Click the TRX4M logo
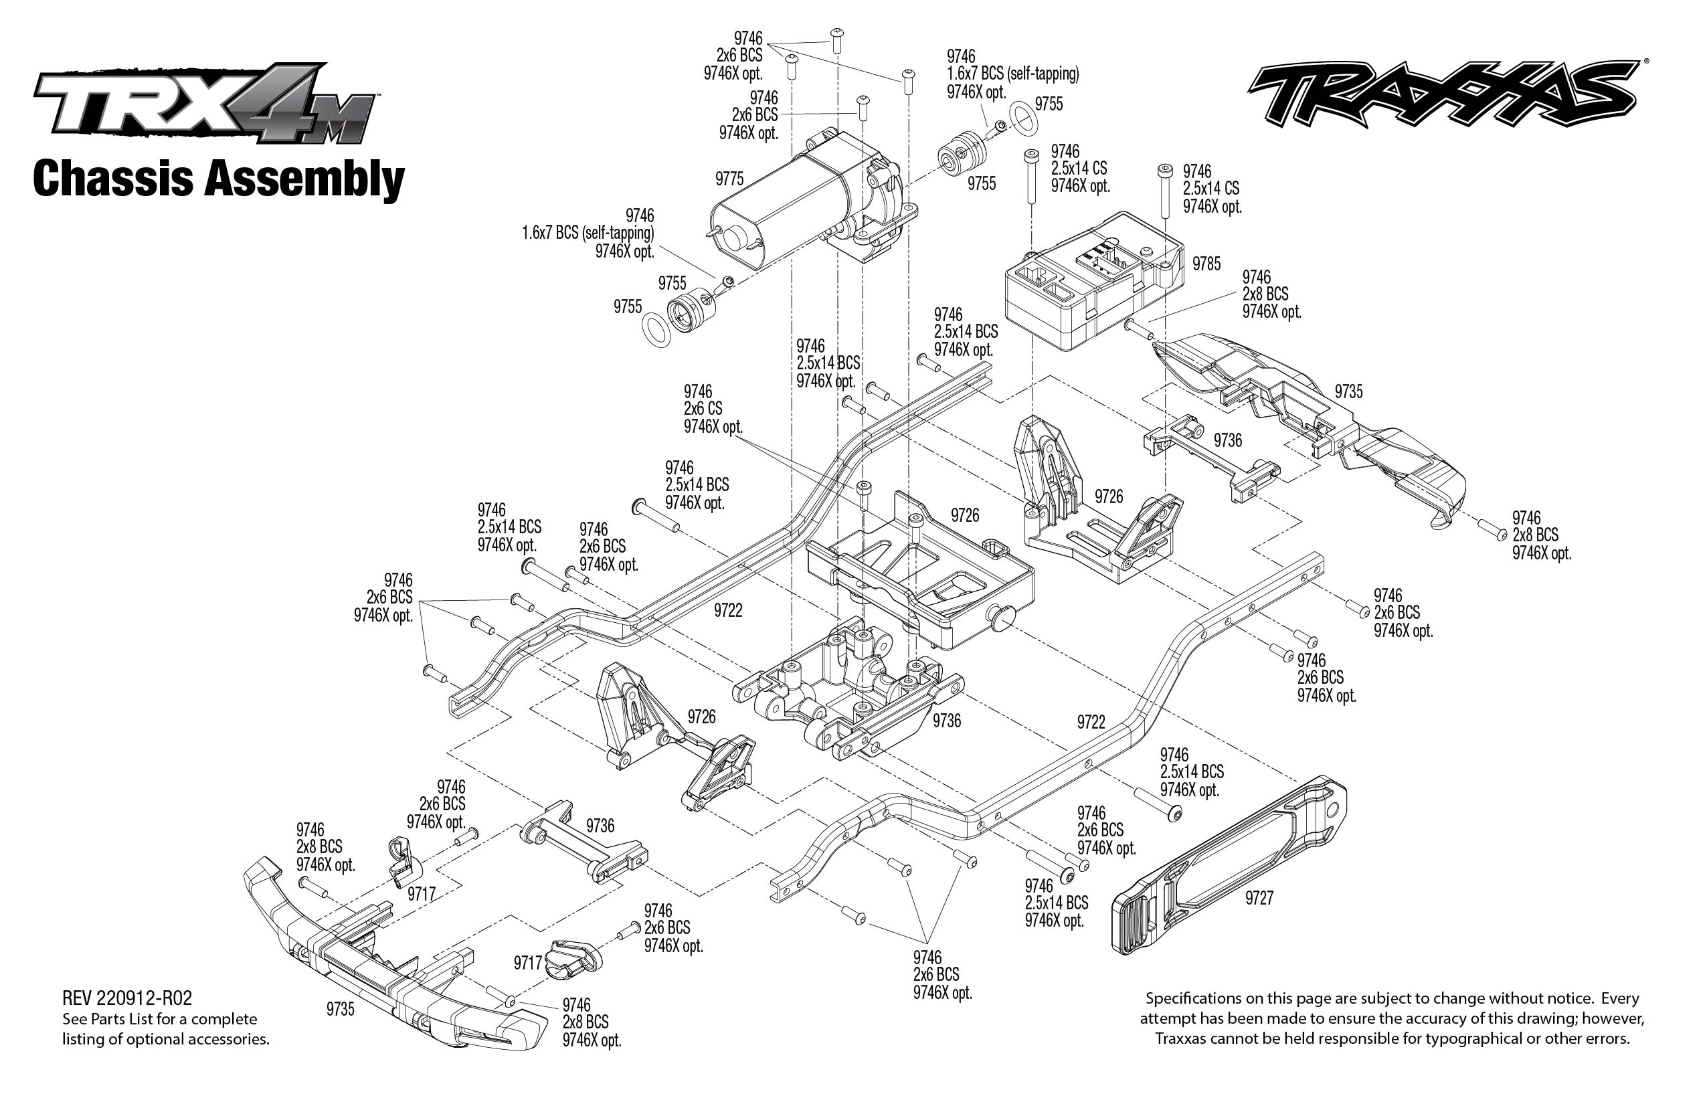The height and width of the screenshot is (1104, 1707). pyautogui.click(x=204, y=104)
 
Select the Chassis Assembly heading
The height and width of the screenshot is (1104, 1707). pyautogui.click(x=219, y=179)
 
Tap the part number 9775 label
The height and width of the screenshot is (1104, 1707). pyautogui.click(x=729, y=179)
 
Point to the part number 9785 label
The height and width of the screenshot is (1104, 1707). pyautogui.click(x=1206, y=264)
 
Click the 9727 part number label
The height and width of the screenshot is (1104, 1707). pyautogui.click(x=1259, y=897)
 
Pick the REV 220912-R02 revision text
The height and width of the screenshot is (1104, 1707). pyautogui.click(x=127, y=998)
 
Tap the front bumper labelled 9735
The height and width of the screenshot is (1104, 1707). pyautogui.click(x=387, y=961)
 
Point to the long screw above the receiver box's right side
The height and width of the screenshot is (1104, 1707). pyautogui.click(x=1164, y=190)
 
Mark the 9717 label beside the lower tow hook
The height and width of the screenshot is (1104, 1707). pyautogui.click(x=528, y=963)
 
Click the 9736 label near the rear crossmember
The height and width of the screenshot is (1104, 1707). pyautogui.click(x=1227, y=440)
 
